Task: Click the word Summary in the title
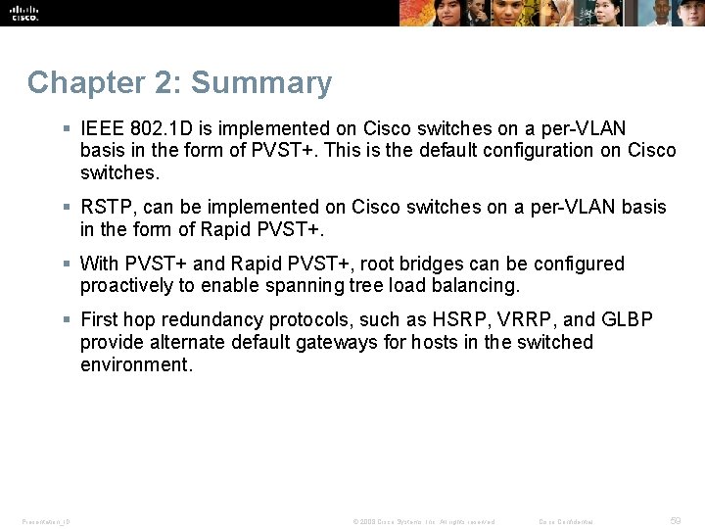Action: [262, 83]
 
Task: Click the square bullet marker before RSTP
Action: [66, 208]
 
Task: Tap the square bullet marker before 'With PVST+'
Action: [66, 264]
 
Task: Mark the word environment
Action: [134, 365]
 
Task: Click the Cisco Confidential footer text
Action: [566, 522]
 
